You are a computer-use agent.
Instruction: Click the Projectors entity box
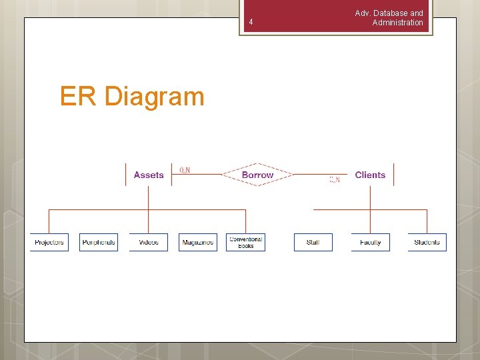pyautogui.click(x=49, y=242)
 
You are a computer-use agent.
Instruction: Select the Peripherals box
pyautogui.click(x=99, y=242)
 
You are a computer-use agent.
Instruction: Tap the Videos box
pyautogui.click(x=149, y=242)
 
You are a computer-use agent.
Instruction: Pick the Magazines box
pyautogui.click(x=198, y=242)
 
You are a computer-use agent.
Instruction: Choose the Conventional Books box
pyautogui.click(x=245, y=242)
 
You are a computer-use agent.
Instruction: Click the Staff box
pyautogui.click(x=313, y=242)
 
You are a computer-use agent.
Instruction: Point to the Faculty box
pyautogui.click(x=370, y=242)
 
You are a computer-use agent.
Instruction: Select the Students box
pyautogui.click(x=427, y=242)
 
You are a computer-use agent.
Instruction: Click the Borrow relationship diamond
pyautogui.click(x=257, y=175)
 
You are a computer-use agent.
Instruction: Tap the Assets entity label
pyautogui.click(x=149, y=175)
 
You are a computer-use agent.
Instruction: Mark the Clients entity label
pyautogui.click(x=370, y=175)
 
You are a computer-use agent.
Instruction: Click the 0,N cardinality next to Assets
pyautogui.click(x=185, y=170)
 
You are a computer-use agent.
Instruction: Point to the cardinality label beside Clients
pyautogui.click(x=335, y=179)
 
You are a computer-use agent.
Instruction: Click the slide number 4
pyautogui.click(x=251, y=23)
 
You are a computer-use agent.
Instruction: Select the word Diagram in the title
pyautogui.click(x=154, y=97)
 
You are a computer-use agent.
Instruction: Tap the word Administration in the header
pyautogui.click(x=397, y=23)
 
